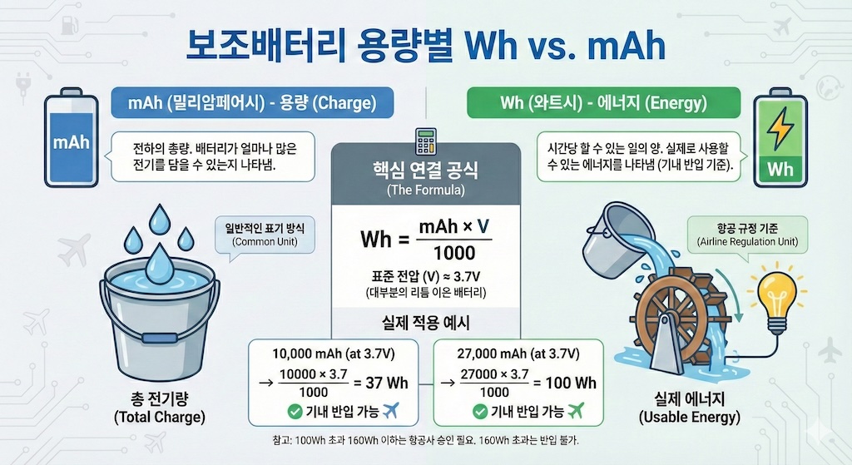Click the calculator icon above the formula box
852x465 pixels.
(425, 141)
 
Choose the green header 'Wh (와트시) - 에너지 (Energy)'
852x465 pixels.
(603, 104)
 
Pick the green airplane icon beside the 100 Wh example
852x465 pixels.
(573, 409)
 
